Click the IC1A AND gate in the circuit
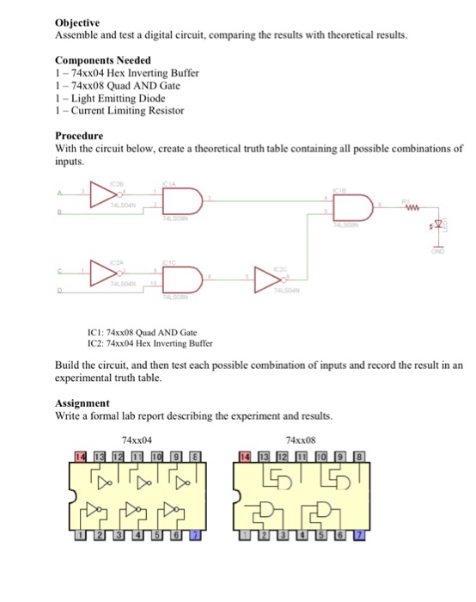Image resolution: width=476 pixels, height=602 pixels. pyautogui.click(x=182, y=202)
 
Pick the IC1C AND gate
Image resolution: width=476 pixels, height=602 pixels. pyautogui.click(x=182, y=277)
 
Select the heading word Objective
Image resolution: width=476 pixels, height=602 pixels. pyautogui.click(x=77, y=22)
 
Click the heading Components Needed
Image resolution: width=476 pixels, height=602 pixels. pyautogui.click(x=103, y=60)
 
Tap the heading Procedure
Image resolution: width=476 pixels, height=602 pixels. pyautogui.click(x=79, y=136)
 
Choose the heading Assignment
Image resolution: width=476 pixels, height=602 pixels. pyautogui.click(x=82, y=402)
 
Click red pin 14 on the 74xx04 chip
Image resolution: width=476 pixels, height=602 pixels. pyautogui.click(x=80, y=455)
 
